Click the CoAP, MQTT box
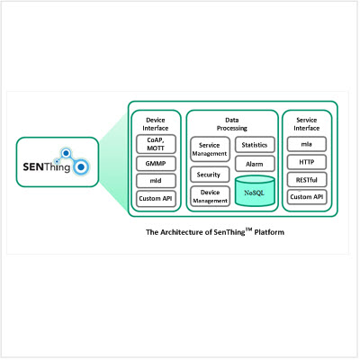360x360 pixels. pyautogui.click(x=156, y=144)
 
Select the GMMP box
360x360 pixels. pyautogui.click(x=156, y=164)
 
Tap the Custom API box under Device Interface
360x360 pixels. pyautogui.click(x=156, y=199)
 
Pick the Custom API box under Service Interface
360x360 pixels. pyautogui.click(x=307, y=197)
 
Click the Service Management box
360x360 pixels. pyautogui.click(x=210, y=149)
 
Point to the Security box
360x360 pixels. pyautogui.click(x=210, y=175)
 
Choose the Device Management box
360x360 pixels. pyautogui.click(x=210, y=196)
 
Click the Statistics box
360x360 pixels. pyautogui.click(x=255, y=145)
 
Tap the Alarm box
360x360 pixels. pyautogui.click(x=255, y=164)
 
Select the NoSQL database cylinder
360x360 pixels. pyautogui.click(x=255, y=192)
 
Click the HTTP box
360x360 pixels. pyautogui.click(x=307, y=162)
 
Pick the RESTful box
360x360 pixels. pyautogui.click(x=307, y=180)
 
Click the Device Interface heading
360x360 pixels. pyautogui.click(x=156, y=124)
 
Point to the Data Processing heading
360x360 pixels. pyautogui.click(x=232, y=124)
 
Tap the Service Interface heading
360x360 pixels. pyautogui.click(x=307, y=124)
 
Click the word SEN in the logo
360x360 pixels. pyautogui.click(x=33, y=166)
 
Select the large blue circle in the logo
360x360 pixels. pyautogui.click(x=80, y=166)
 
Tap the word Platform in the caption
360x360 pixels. pyautogui.click(x=269, y=232)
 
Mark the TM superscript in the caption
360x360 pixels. pyautogui.click(x=248, y=229)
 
